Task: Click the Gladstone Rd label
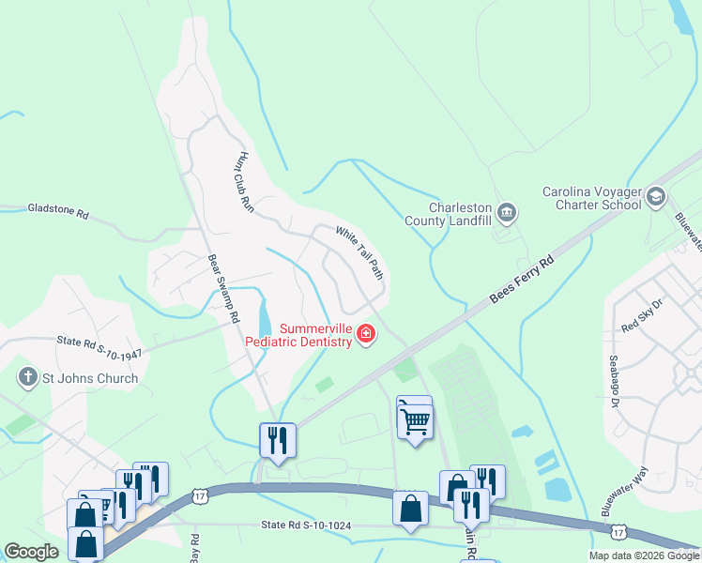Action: [x=58, y=213]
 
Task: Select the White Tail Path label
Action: [x=360, y=251]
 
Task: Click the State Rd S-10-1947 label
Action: [x=99, y=345]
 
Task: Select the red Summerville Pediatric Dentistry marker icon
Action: [x=365, y=333]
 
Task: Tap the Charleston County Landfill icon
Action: [x=507, y=211]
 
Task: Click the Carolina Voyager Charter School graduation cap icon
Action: [x=656, y=196]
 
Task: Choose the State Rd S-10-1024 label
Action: [x=306, y=525]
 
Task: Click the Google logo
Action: [x=31, y=553]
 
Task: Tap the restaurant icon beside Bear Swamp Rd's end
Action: [x=278, y=440]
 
